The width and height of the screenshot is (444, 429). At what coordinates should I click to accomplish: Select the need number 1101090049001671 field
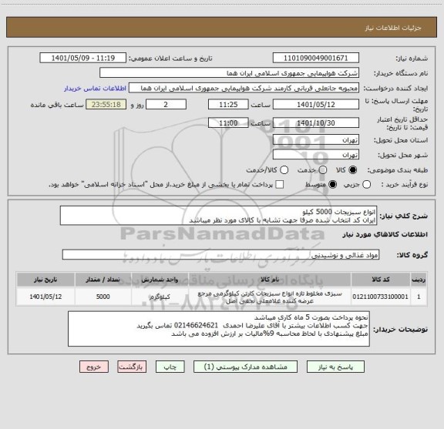[316, 58]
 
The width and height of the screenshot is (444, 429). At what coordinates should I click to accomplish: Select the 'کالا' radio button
[353, 169]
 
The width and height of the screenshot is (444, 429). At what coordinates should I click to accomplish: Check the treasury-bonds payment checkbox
[280, 185]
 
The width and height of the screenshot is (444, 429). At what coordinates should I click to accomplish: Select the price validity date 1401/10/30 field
[316, 122]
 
